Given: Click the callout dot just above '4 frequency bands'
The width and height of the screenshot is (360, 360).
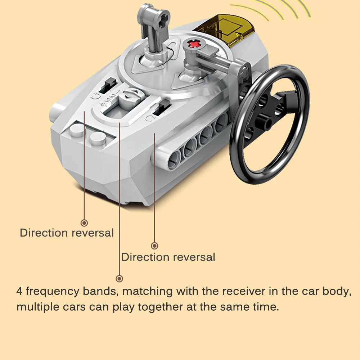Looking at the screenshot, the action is [120, 278].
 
